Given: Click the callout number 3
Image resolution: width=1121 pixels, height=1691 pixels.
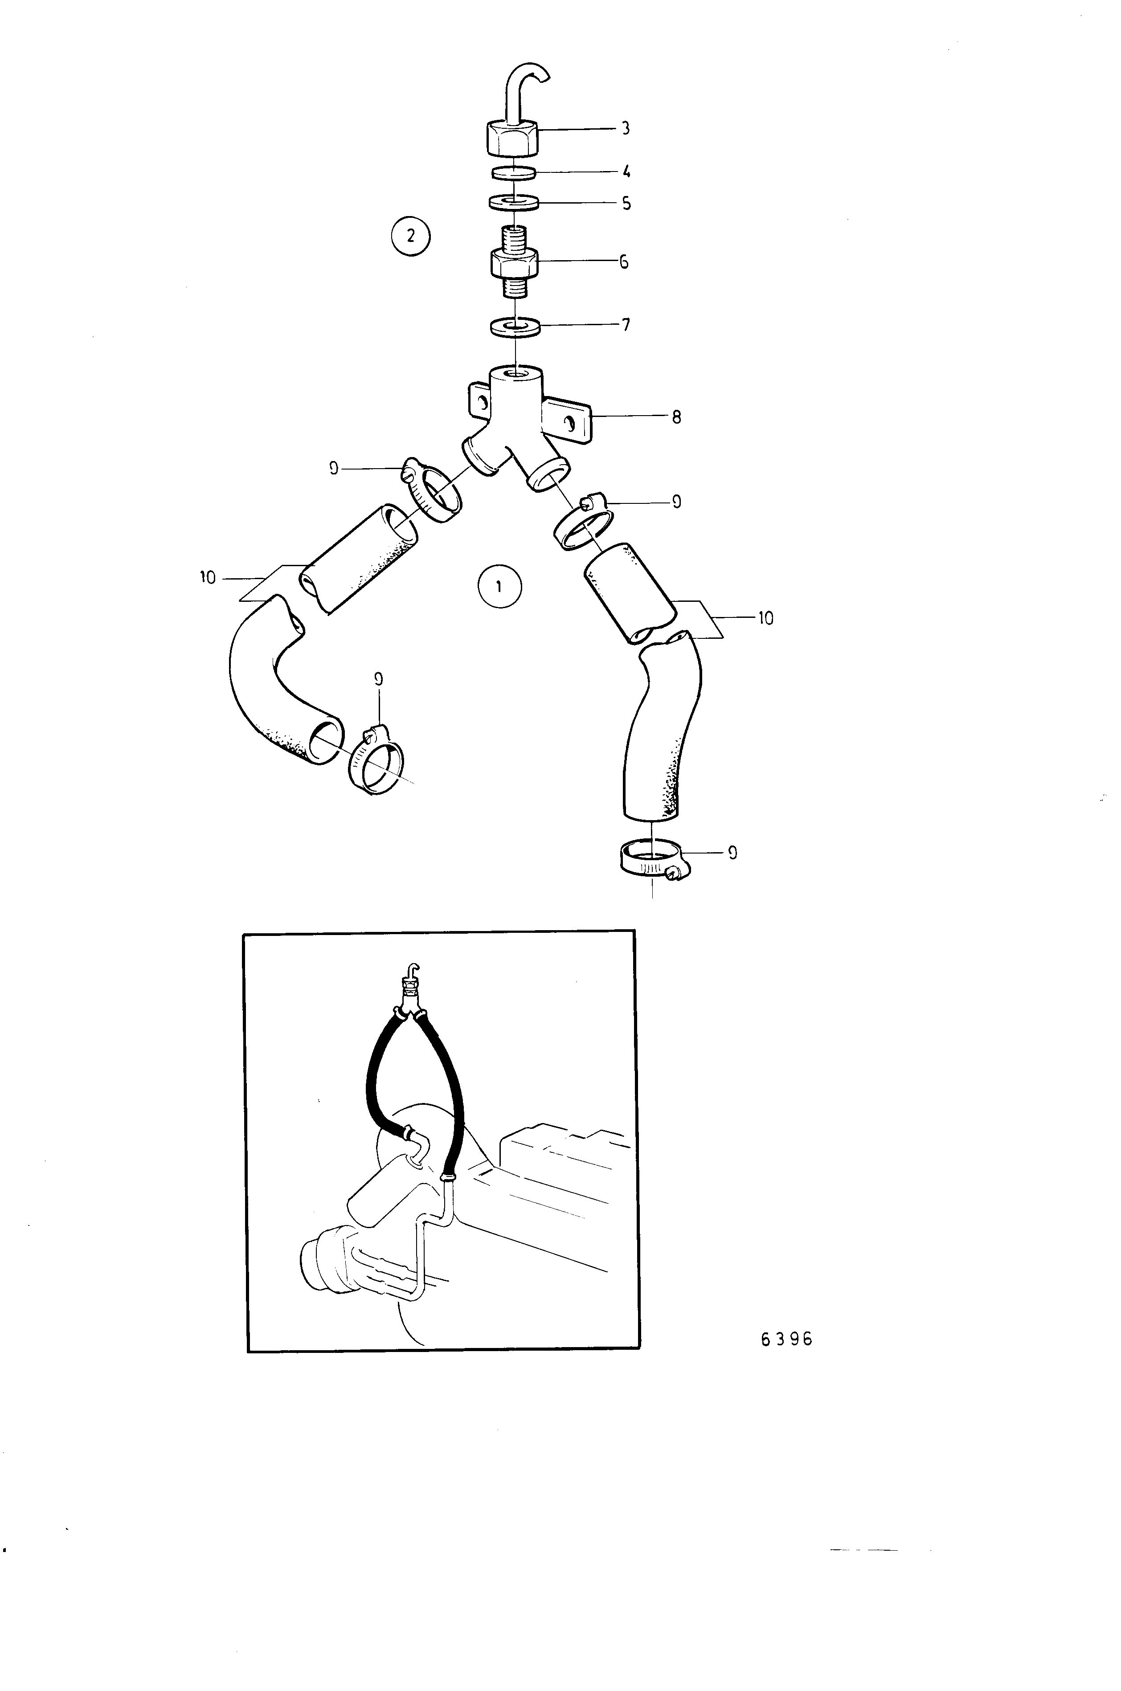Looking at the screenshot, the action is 626,129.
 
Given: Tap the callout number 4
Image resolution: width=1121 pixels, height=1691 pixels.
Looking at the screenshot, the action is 626,172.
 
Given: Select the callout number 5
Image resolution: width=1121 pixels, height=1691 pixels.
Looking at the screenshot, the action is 626,204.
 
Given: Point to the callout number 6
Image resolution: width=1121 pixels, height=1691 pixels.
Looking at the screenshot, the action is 624,262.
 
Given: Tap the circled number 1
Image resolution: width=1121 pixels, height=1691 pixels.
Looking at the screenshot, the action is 500,587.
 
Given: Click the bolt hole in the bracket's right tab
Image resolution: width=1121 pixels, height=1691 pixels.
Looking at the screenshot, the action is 570,424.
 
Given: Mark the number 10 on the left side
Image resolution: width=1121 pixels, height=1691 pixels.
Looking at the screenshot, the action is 208,577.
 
